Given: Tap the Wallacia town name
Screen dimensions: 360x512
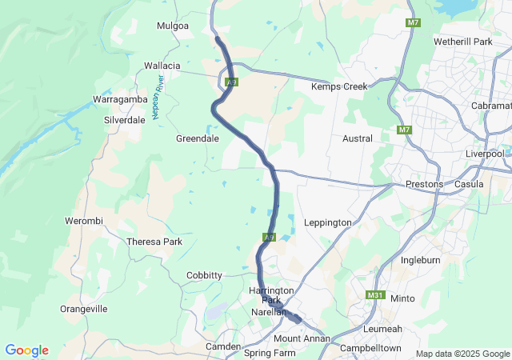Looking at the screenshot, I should [162, 66].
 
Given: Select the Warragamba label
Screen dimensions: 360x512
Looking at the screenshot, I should [117, 100].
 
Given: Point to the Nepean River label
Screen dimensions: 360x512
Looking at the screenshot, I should [158, 98].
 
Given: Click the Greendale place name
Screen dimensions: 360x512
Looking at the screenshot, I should [198, 138].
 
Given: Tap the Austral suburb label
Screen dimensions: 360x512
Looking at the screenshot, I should [357, 138].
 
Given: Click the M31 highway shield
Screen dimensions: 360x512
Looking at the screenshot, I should [375, 295].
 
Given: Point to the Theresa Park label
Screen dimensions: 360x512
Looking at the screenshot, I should [155, 242].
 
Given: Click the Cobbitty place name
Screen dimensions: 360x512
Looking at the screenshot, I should [204, 275].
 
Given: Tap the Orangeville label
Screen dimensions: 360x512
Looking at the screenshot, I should [84, 309].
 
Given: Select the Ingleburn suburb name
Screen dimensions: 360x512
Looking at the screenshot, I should [421, 260].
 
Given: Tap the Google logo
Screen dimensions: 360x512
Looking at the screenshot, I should [26, 350].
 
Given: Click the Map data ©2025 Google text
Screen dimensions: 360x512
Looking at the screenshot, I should [462, 354].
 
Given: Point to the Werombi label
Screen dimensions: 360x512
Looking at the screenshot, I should [84, 221].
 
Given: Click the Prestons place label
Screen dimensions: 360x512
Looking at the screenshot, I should [424, 184].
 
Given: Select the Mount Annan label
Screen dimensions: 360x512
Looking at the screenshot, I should [298, 338].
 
